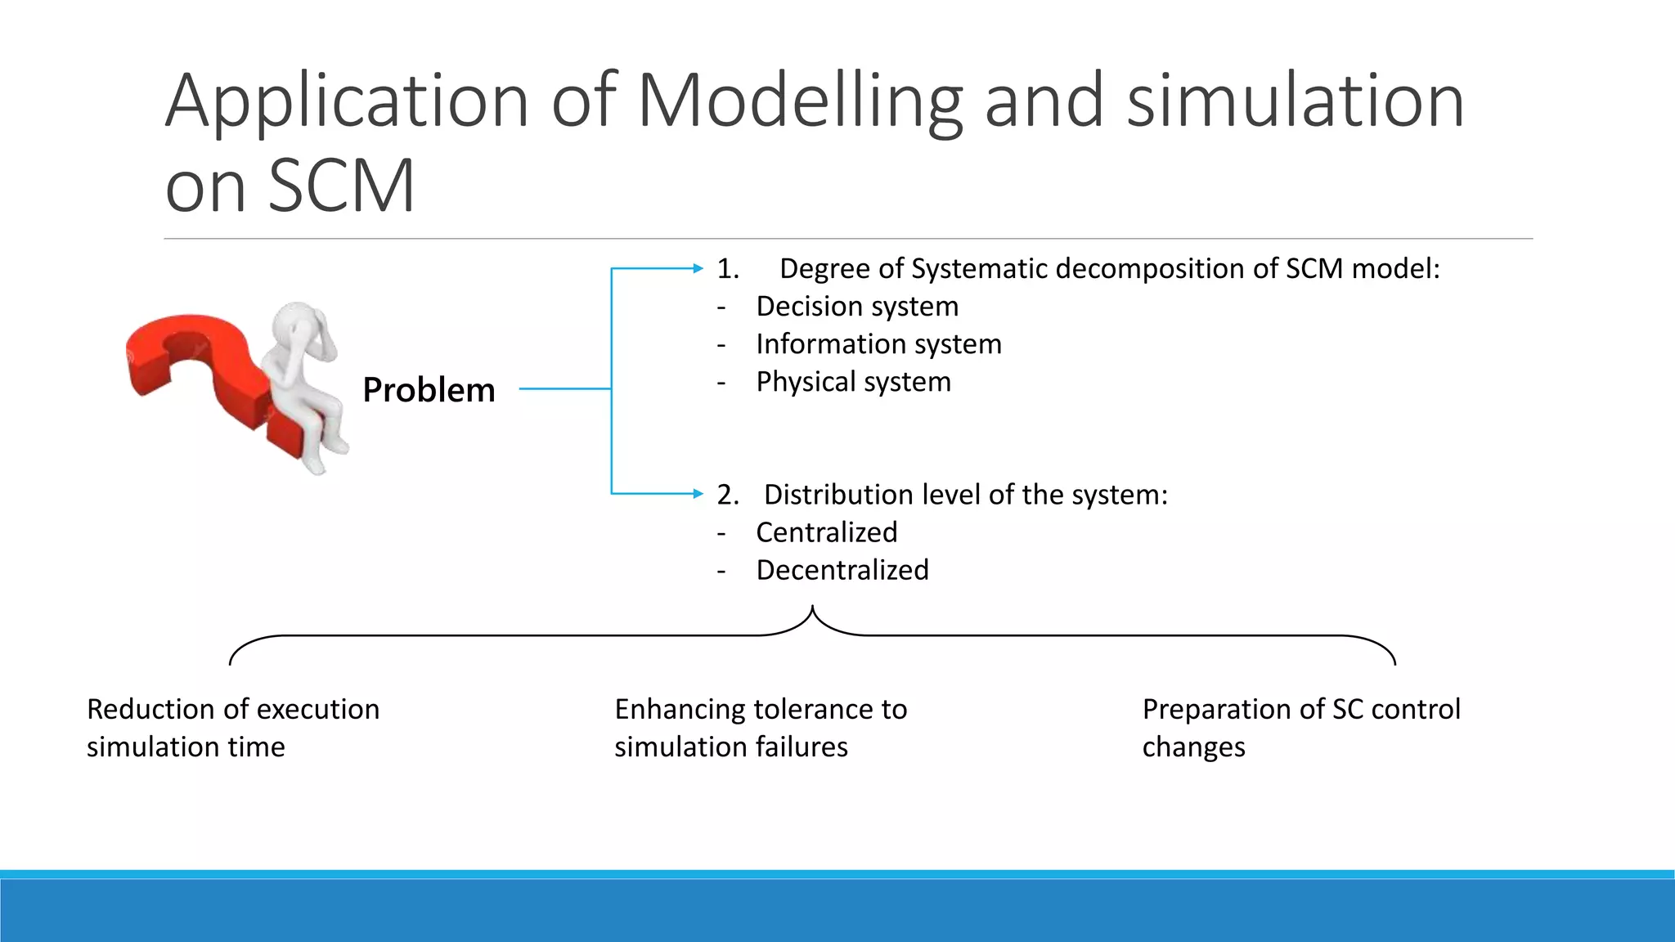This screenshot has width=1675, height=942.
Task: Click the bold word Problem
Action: click(x=429, y=390)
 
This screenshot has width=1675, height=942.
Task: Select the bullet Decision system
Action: click(x=856, y=307)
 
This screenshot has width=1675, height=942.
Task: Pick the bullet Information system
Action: click(x=878, y=344)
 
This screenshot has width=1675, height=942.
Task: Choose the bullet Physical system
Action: click(x=853, y=382)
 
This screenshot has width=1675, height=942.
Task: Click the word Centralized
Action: click(x=826, y=532)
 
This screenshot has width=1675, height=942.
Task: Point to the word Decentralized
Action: click(x=842, y=570)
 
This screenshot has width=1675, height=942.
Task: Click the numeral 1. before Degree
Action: click(x=728, y=269)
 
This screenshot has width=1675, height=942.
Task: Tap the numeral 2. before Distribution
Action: click(x=728, y=495)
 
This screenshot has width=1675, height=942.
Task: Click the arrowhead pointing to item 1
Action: click(x=698, y=268)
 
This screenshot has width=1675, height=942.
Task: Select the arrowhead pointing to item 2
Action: click(x=698, y=493)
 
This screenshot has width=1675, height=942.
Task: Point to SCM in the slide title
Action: click(x=341, y=186)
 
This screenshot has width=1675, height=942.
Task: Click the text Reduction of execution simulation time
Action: click(x=233, y=728)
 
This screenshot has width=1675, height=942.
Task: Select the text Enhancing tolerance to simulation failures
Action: click(x=761, y=728)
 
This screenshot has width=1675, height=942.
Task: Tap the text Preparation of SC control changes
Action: click(x=1300, y=728)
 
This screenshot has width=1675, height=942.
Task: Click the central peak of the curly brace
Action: click(x=812, y=609)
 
